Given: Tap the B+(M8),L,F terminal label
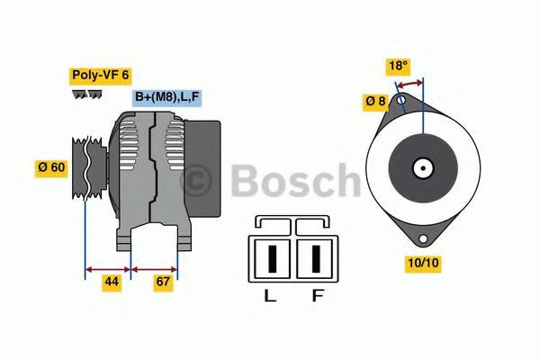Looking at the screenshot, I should pos(166,96).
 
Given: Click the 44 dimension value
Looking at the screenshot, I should pos(111,282).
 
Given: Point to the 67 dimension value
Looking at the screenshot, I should pos(163,282).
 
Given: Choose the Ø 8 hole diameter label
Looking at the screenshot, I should pos(375,102).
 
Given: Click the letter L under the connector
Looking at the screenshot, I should pos(270,295).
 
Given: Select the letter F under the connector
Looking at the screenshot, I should pos(317,295).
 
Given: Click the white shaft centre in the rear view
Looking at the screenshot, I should pos(422,167).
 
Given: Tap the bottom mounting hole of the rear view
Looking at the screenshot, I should pos(422,238).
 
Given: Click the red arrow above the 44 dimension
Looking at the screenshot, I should pos(107,267).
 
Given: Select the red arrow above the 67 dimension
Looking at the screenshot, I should pos(155,267).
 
